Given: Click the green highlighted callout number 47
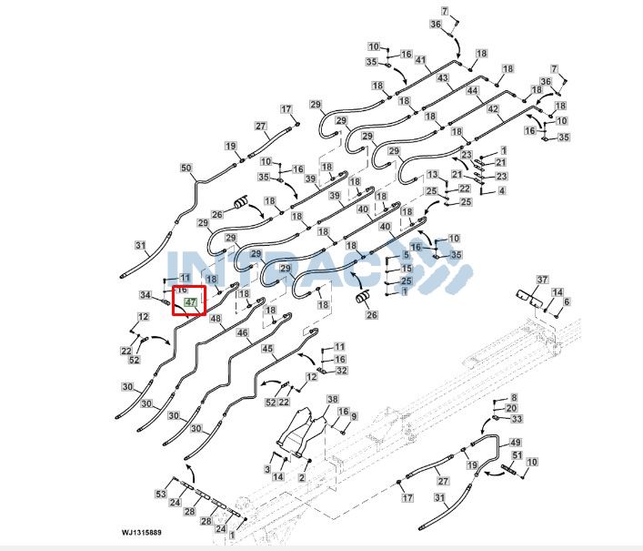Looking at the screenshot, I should point(190,301).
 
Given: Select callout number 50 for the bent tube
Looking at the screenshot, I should point(186,168).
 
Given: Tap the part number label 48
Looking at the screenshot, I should point(216,319).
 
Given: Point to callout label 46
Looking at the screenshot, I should point(242,333).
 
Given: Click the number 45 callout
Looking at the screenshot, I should point(267,348).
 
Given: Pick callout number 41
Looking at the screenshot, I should point(421,60).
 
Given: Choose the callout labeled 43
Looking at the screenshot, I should point(443,77).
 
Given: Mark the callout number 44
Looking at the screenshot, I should point(472,91).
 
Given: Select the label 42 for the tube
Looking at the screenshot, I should point(493,108).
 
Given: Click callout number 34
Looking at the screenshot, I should point(146,295).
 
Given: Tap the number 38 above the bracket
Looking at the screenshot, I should point(332,400).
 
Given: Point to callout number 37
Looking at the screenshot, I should point(543,279).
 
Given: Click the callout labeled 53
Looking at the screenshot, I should point(160,494).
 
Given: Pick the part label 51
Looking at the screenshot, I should point(517,455).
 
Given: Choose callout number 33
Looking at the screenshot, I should point(517,419).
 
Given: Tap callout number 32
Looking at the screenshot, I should point(341,371).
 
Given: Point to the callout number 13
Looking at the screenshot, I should point(433,174).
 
